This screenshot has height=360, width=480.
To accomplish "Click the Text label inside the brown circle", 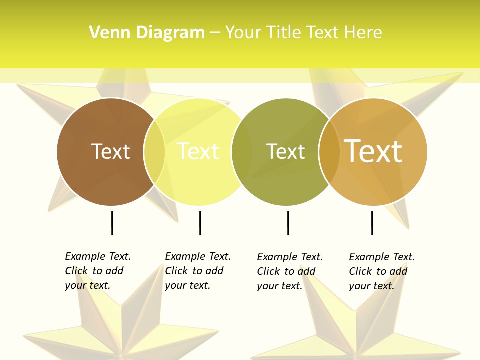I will (110, 151).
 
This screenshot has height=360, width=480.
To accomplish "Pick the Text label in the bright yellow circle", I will (198, 151).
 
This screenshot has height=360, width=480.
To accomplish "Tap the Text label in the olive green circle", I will (285, 151).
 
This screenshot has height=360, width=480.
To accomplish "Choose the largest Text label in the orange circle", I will (373, 151).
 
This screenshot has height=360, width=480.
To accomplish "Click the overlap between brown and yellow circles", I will (154, 151).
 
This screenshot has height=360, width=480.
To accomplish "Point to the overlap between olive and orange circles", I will (329, 151).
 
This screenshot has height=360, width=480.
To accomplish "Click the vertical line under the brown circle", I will (112, 223).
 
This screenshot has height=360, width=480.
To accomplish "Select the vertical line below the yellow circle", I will (200, 223).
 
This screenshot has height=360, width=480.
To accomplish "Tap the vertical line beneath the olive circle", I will (288, 223).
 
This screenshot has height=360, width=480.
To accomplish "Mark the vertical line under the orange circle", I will (372, 223).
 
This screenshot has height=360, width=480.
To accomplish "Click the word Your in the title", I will (243, 32).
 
